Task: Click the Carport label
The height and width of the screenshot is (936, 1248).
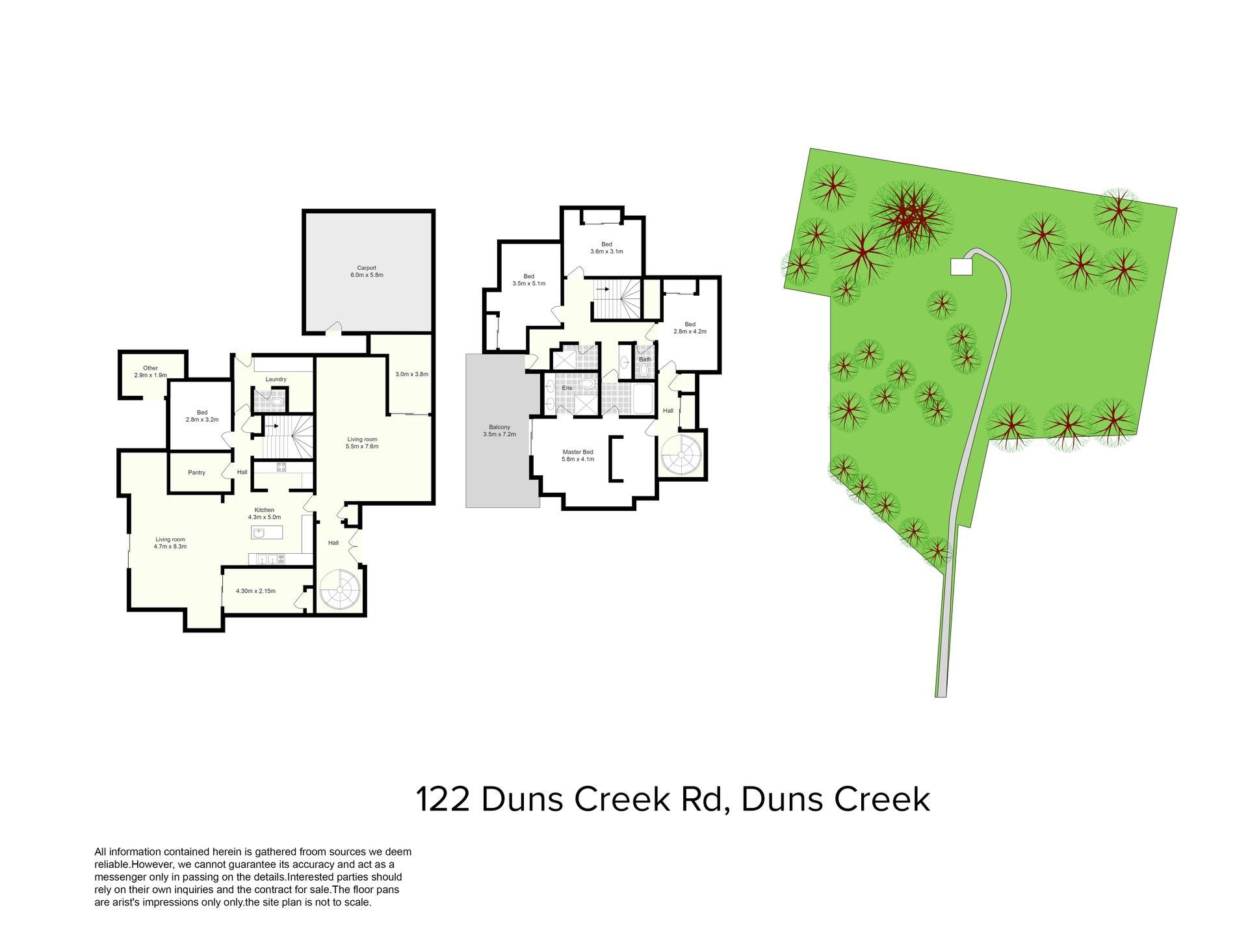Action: pyautogui.click(x=367, y=268)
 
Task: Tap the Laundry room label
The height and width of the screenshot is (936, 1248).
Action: pyautogui.click(x=276, y=380)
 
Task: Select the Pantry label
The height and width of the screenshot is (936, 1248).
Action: pyautogui.click(x=196, y=473)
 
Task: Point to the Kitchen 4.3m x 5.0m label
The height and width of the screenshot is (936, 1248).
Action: pyautogui.click(x=265, y=513)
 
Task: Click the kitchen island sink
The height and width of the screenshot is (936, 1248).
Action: pyautogui.click(x=259, y=533)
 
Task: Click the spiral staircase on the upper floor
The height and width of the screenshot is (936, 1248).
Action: pyautogui.click(x=681, y=455)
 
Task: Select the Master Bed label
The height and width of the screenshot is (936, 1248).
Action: pyautogui.click(x=578, y=452)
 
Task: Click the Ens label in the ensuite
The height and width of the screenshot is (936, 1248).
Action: pyautogui.click(x=567, y=388)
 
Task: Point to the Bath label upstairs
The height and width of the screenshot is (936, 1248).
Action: pyautogui.click(x=645, y=359)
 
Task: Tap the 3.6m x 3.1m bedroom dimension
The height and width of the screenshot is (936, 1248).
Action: pyautogui.click(x=606, y=252)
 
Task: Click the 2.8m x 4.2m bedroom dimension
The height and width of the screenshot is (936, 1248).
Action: pyautogui.click(x=690, y=331)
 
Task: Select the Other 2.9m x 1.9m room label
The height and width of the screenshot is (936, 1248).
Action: pyautogui.click(x=151, y=372)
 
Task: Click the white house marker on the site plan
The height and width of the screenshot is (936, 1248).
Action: pyautogui.click(x=961, y=266)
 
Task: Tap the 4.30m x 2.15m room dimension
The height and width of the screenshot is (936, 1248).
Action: pyautogui.click(x=255, y=591)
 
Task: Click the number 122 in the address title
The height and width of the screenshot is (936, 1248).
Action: pyautogui.click(x=443, y=799)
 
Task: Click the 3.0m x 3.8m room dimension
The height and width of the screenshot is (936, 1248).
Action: pyautogui.click(x=411, y=374)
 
